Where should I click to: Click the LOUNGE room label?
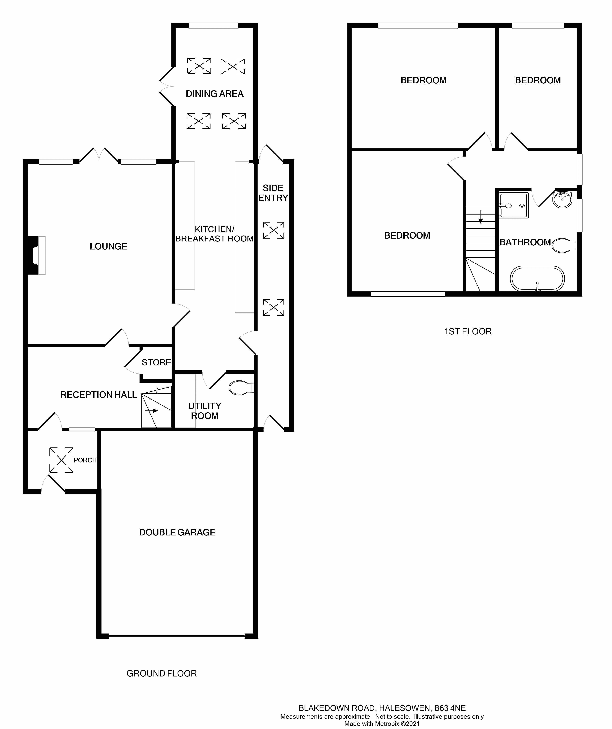pyautogui.click(x=108, y=246)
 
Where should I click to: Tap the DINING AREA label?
pyautogui.click(x=215, y=94)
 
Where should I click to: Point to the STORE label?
pyautogui.click(x=156, y=362)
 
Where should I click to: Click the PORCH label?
pyautogui.click(x=85, y=460)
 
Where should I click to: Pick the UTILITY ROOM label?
pyautogui.click(x=205, y=411)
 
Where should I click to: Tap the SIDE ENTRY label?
pyautogui.click(x=273, y=193)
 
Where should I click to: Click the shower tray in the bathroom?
pyautogui.click(x=514, y=205)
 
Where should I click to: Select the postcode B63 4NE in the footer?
pyautogui.click(x=450, y=708)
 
